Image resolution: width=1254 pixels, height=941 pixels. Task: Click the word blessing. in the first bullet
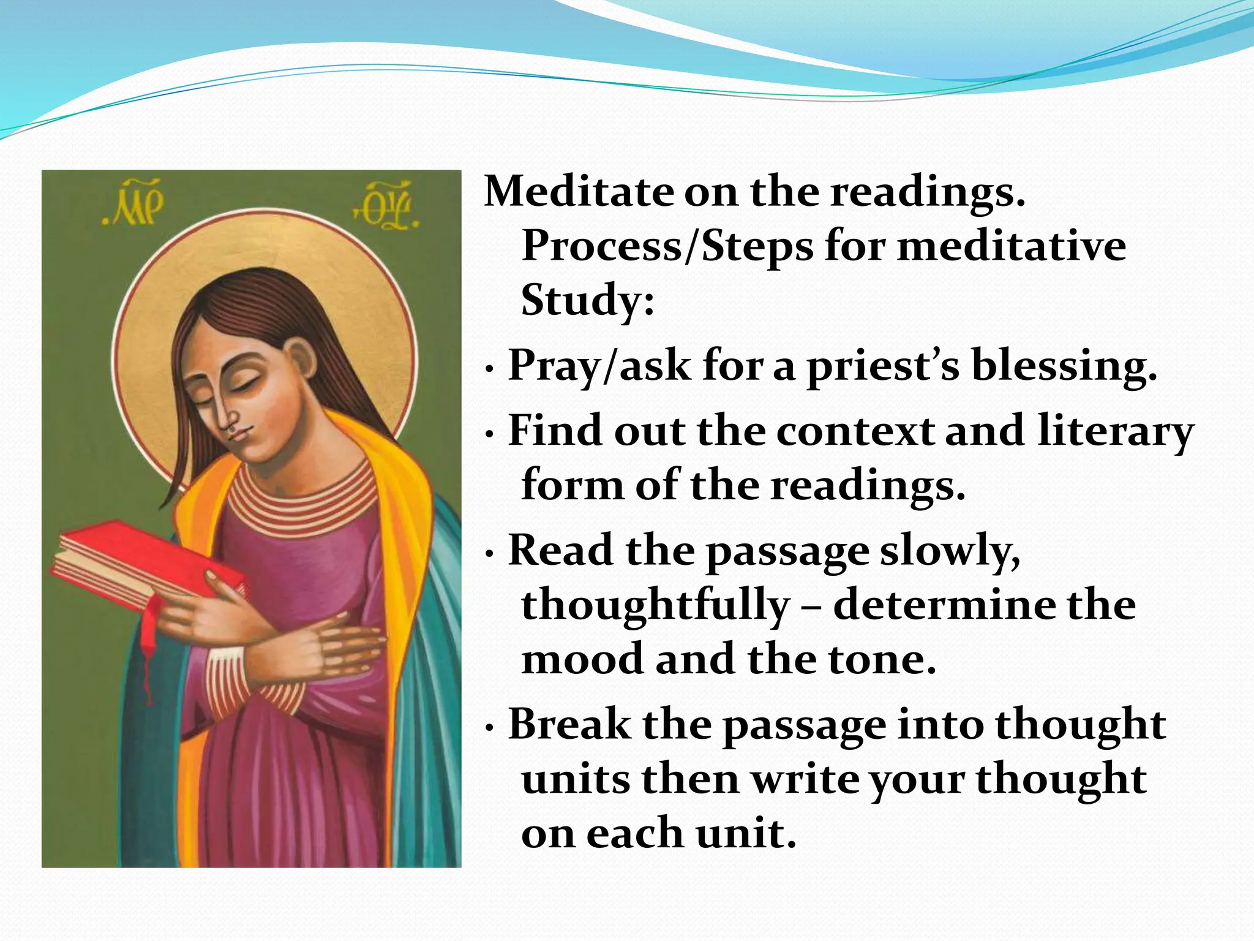coord(1064,366)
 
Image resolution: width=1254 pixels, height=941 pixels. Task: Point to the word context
coord(855,431)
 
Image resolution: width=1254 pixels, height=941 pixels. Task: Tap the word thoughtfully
coord(655,605)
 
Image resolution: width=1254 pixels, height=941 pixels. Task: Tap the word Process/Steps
coord(667,246)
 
